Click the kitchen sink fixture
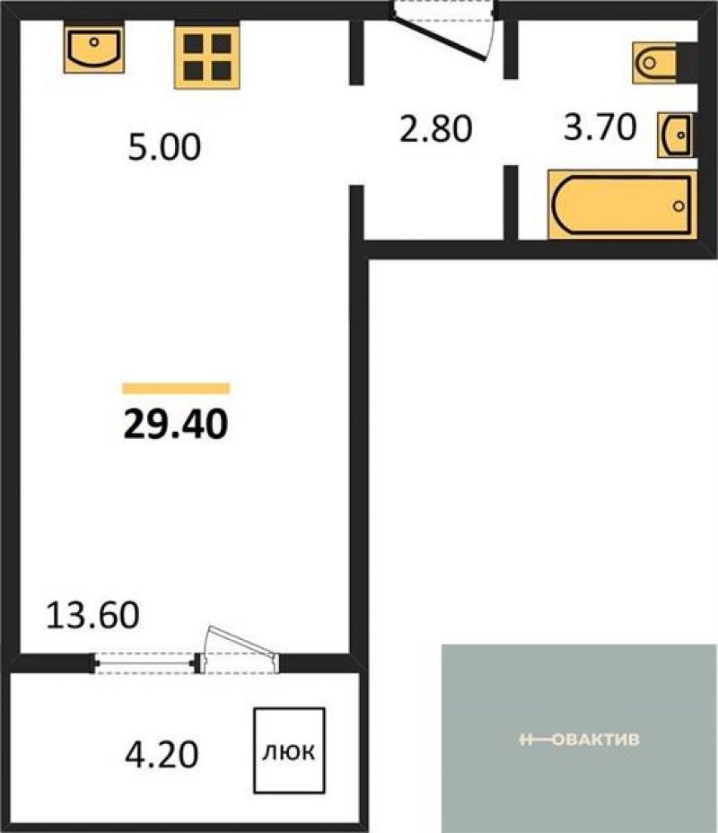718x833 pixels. click(94, 48)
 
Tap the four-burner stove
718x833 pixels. click(207, 57)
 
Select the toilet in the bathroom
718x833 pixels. click(654, 63)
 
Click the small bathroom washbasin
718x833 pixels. click(676, 135)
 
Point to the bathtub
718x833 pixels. click(622, 205)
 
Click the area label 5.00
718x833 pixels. click(164, 147)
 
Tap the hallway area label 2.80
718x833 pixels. click(435, 129)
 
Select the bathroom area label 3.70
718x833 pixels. click(600, 127)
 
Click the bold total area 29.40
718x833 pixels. click(176, 425)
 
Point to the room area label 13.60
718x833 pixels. click(93, 615)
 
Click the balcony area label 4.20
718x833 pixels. click(162, 754)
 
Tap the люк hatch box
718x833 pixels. click(289, 750)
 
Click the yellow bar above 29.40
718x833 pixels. click(176, 389)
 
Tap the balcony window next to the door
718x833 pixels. click(145, 663)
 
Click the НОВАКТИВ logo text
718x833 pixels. click(580, 740)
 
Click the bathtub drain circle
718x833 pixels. click(679, 206)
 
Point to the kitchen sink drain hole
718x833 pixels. click(94, 41)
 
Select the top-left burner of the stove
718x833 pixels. click(193, 44)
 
